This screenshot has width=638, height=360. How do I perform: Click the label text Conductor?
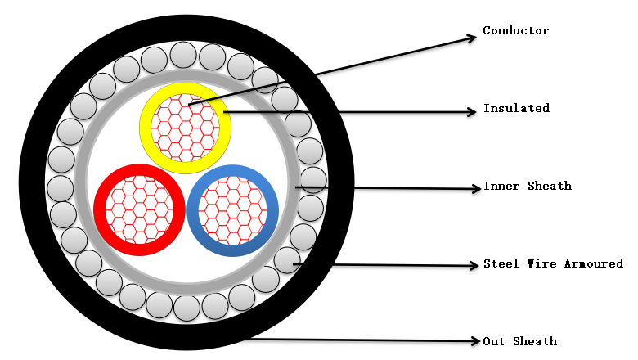click(x=515, y=31)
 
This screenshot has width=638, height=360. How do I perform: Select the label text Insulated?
click(x=515, y=108)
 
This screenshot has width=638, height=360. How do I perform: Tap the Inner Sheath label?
click(x=527, y=187)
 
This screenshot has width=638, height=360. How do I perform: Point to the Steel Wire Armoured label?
click(x=553, y=263)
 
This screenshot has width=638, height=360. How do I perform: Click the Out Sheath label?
click(x=519, y=341)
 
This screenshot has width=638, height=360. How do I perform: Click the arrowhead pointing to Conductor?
click(x=471, y=36)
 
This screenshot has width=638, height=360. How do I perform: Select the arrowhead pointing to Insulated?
click(x=472, y=112)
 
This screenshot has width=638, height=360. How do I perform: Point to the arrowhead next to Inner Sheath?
click(x=475, y=189)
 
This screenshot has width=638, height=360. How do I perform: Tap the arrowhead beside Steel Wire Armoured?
click(x=474, y=265)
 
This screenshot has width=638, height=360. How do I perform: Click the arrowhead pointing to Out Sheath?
click(x=474, y=340)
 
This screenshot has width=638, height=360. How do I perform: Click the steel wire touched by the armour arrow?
click(x=286, y=260)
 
